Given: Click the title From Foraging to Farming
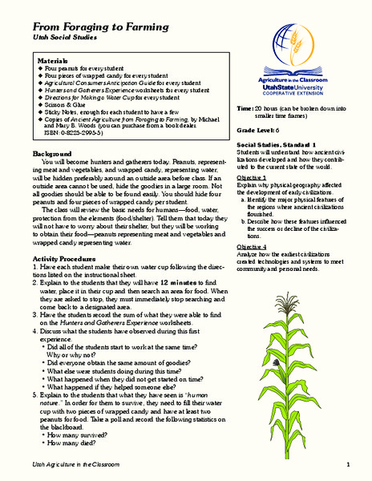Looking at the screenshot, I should coord(91,25).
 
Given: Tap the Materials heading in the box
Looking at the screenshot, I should coord(58,61).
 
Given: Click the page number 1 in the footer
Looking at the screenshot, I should coord(349,466).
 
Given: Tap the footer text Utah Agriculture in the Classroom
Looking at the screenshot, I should coord(77,466).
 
